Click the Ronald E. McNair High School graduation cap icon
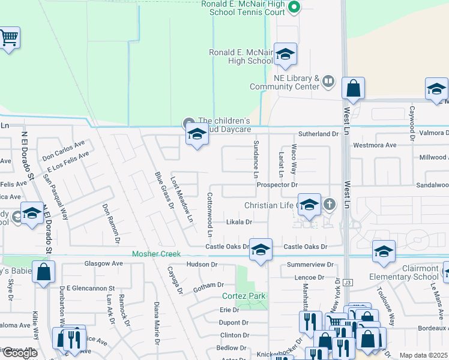286,54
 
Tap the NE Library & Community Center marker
328,80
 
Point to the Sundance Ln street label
256,160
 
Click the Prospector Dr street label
277,185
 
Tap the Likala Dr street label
238,222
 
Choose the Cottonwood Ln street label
210,214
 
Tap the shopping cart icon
8,38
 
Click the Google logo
19,353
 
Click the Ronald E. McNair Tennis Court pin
294,8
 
